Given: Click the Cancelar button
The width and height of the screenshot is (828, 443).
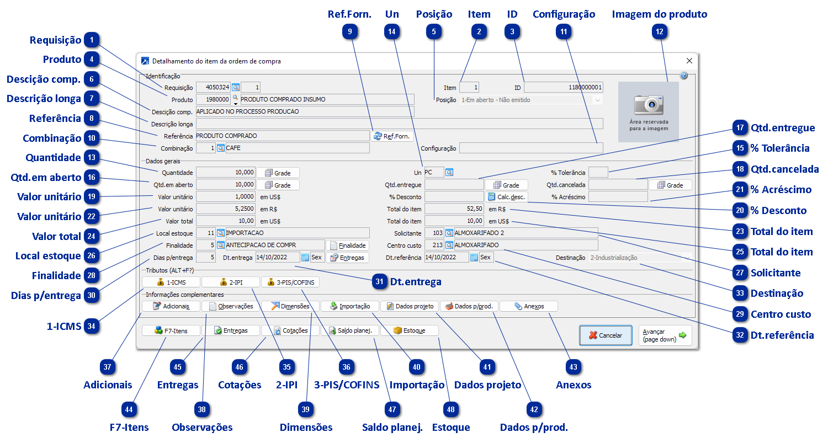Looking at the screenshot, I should click(x=606, y=335).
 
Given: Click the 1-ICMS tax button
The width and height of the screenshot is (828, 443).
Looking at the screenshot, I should click(x=171, y=282).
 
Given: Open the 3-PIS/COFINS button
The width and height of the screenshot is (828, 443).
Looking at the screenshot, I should click(x=290, y=282).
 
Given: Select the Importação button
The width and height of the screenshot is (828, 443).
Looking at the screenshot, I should click(x=350, y=306).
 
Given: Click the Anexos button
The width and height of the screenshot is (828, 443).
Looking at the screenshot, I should click(x=528, y=306).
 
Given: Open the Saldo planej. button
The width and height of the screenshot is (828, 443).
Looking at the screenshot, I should click(x=350, y=330).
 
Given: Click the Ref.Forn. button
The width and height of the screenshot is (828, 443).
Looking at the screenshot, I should click(x=392, y=136).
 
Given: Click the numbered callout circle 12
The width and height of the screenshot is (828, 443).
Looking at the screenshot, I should click(x=660, y=32).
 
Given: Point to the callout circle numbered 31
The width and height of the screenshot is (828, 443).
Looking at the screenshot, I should click(x=379, y=281).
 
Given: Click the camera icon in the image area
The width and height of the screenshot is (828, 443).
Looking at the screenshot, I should click(x=648, y=104).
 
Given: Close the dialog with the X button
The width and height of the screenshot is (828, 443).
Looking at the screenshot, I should click(x=689, y=61).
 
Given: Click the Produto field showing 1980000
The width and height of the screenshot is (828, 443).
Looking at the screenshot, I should click(x=213, y=100).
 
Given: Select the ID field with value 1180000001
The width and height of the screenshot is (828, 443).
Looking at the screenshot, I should click(x=563, y=87).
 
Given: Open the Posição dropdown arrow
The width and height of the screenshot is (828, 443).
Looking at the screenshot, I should click(x=597, y=100).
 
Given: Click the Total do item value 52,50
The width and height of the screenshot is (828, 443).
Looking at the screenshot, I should click(x=454, y=209).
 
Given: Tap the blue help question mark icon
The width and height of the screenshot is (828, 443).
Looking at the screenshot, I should click(x=684, y=76).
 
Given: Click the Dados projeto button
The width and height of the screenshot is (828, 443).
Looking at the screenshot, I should click(x=410, y=306).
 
